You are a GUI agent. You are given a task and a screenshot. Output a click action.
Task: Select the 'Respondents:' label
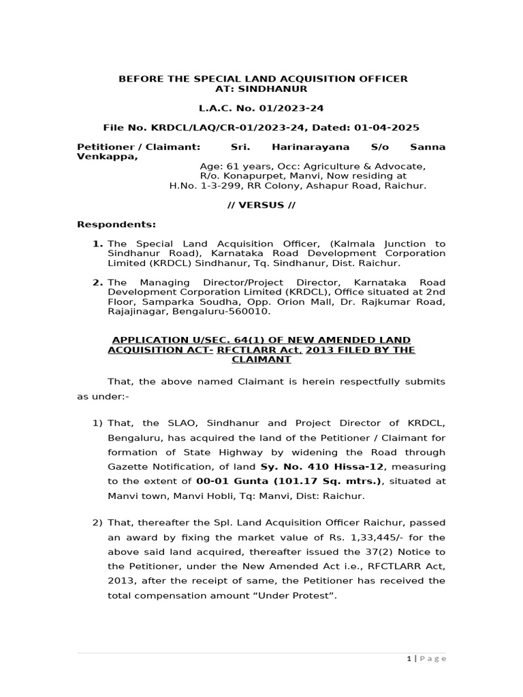116,224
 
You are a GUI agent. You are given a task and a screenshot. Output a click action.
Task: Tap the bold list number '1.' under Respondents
98,244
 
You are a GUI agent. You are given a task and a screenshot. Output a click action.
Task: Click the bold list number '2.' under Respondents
98,282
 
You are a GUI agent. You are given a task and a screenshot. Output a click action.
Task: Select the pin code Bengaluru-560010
230,311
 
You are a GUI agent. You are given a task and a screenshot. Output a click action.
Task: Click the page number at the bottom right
409,658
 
